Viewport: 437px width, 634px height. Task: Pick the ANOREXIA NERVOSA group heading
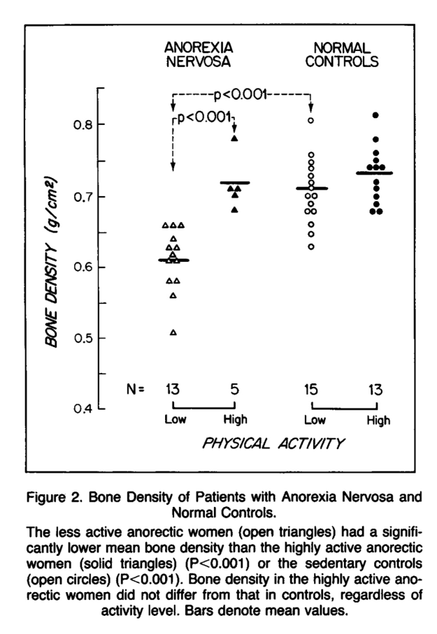pos(199,54)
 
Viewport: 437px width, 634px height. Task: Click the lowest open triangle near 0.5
pos(173,332)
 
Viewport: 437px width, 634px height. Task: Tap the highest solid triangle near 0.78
pos(235,138)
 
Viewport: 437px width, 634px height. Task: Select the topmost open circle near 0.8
pos(311,121)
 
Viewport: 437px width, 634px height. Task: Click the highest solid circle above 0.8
pos(375,115)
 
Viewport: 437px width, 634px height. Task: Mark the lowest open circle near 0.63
pos(311,246)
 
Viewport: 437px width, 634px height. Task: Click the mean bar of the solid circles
pos(375,172)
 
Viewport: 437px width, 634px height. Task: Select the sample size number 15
pos(311,389)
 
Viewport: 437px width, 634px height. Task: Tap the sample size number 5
pos(235,389)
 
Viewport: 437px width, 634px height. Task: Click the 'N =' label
pos(135,390)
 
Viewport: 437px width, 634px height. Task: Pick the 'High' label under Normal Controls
pos(378,420)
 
